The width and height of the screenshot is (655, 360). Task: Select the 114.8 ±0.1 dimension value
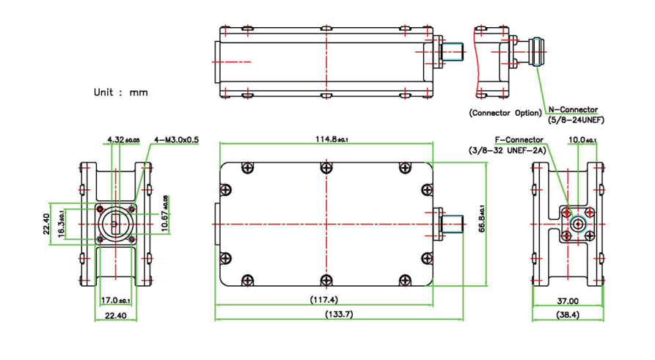[326, 139]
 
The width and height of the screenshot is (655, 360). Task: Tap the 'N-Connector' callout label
[574, 110]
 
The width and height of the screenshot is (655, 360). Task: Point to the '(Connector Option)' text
[505, 113]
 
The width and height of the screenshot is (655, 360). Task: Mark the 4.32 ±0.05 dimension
[123, 139]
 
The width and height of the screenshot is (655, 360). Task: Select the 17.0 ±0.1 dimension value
[116, 300]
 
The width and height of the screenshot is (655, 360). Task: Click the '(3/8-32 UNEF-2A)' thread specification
[507, 150]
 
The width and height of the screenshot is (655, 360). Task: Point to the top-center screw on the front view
[326, 168]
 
